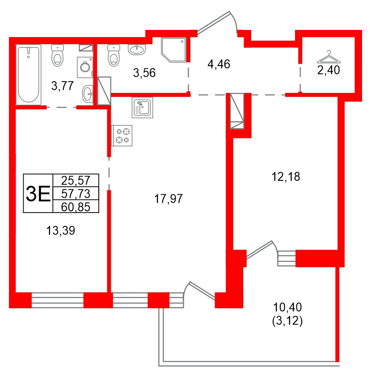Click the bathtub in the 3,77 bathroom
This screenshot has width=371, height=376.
(x=28, y=75)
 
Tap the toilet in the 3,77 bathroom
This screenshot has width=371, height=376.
(x=57, y=55)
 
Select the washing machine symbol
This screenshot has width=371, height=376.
(x=85, y=67)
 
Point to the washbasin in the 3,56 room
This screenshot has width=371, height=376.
(x=137, y=49)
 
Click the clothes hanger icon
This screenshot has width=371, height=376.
(x=329, y=58)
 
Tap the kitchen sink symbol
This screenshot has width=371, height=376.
(x=142, y=108)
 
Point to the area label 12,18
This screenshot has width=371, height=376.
(x=286, y=177)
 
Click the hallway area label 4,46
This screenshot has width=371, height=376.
(x=219, y=64)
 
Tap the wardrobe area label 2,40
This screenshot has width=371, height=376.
(x=329, y=71)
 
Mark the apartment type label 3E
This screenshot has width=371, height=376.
(x=38, y=193)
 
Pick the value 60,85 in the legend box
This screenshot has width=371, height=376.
(x=76, y=206)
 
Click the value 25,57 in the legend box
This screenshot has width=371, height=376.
(x=76, y=180)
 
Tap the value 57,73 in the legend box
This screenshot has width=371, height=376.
(x=76, y=193)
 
